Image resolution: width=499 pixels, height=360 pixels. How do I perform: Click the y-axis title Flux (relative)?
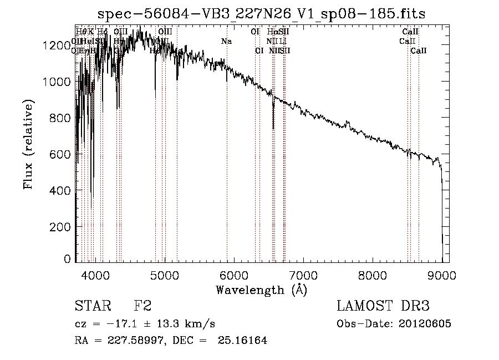click(x=28, y=144)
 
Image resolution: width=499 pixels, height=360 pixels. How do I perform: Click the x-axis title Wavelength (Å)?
click(x=261, y=290)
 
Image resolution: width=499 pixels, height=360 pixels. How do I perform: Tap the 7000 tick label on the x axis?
click(x=303, y=275)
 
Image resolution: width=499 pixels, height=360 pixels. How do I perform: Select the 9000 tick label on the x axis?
click(x=442, y=275)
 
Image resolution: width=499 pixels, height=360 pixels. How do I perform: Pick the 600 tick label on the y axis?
click(x=62, y=154)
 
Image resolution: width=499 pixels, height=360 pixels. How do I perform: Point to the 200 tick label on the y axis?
click(x=62, y=227)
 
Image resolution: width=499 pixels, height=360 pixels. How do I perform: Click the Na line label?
click(x=226, y=42)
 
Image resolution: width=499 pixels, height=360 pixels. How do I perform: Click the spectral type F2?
click(x=142, y=307)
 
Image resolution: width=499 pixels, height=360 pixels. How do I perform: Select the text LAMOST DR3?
click(x=383, y=307)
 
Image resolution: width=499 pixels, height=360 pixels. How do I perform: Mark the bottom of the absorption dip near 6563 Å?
click(x=273, y=128)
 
